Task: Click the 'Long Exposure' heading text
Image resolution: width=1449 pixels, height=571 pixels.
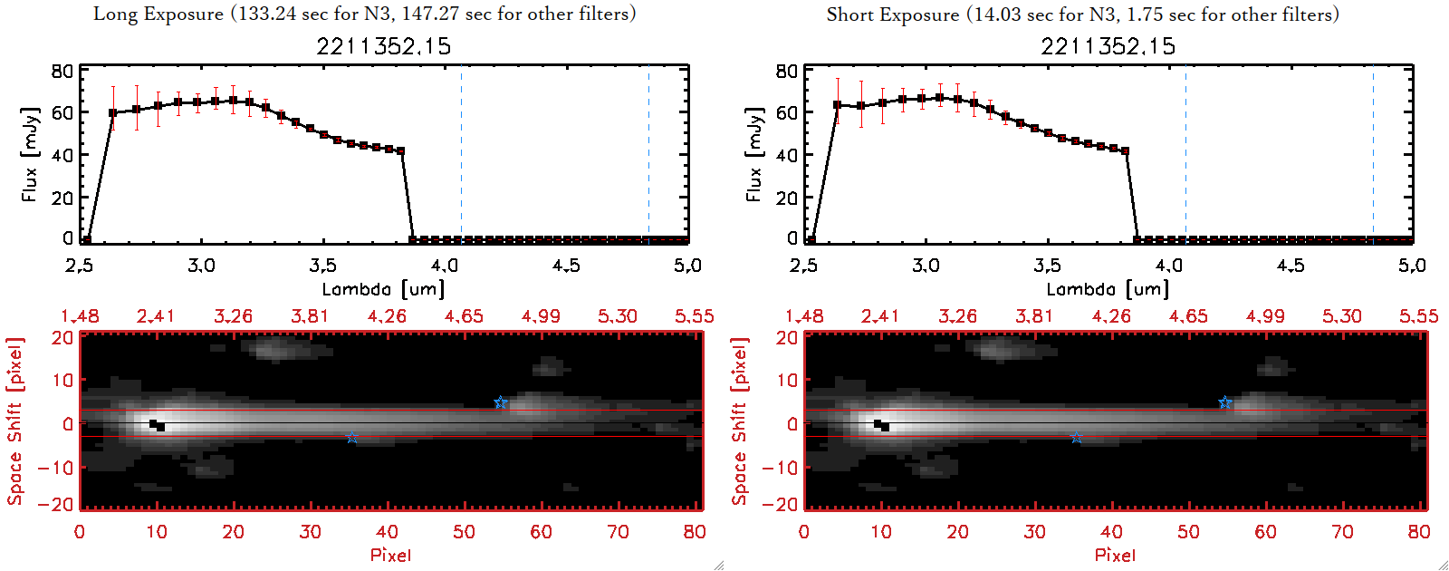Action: point(158,14)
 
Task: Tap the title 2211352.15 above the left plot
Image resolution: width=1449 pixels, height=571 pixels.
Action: point(383,46)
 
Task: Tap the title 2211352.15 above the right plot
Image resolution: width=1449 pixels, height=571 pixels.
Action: point(1108,46)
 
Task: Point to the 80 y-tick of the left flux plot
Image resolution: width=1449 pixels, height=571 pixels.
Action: point(62,71)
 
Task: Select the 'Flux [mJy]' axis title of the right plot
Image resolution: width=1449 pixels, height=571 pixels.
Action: point(753,154)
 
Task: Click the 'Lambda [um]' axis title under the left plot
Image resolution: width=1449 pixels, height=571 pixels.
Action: point(383,289)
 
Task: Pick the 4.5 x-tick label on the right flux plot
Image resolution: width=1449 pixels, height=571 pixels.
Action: point(1291,266)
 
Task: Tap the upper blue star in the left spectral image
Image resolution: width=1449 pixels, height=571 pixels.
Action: point(500,402)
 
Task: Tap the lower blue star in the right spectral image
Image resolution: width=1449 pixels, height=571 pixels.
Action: point(1076,438)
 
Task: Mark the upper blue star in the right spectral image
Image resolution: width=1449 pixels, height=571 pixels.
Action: point(1224,402)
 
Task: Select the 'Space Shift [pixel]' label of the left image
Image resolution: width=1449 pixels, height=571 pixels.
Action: point(14,421)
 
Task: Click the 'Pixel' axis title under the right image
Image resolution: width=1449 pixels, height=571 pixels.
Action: point(1115,555)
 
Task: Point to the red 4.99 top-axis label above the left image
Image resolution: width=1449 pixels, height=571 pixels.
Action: point(541,316)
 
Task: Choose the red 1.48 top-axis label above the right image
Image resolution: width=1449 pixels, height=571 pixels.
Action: point(804,316)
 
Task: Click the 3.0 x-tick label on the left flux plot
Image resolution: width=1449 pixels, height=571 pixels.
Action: point(201,266)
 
